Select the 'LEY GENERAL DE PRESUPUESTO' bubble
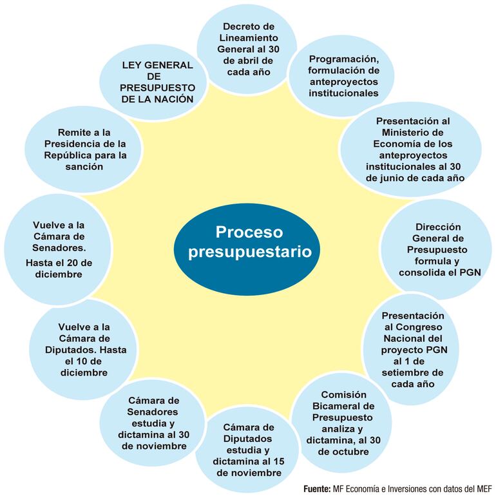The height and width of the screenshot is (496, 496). click(158, 82)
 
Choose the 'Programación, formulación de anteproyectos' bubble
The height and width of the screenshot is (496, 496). click(334, 76)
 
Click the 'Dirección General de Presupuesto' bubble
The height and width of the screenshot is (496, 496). click(439, 249)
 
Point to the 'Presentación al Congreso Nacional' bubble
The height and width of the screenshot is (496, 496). click(412, 350)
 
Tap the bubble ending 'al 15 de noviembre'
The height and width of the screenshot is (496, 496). click(249, 450)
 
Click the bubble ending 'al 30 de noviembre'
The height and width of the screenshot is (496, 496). click(153, 423)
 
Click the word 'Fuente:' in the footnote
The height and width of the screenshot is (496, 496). click(317, 488)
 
